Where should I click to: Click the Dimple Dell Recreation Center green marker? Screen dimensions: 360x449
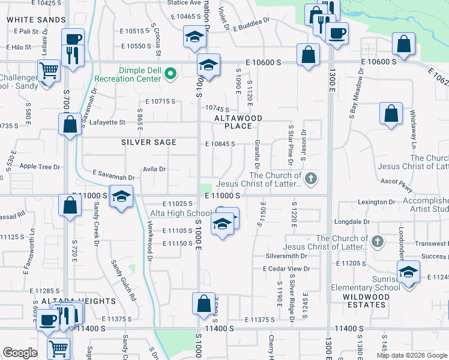(x=170, y=74)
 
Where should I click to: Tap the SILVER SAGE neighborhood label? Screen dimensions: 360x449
(x=149, y=142)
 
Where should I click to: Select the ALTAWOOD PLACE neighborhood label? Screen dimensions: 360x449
(x=238, y=122)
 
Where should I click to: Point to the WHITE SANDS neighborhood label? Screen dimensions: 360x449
(x=36, y=20)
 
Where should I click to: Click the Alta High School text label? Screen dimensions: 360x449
(x=180, y=213)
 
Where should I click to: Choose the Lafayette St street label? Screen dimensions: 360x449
(x=106, y=122)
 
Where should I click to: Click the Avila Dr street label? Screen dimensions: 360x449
(x=154, y=169)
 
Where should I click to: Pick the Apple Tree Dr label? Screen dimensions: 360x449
(x=40, y=166)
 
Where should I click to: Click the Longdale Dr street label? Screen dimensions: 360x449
(x=354, y=221)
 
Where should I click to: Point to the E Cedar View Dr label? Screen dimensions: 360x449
(x=286, y=268)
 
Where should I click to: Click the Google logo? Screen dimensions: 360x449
(x=20, y=353)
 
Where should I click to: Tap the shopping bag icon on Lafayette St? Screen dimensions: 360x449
(x=70, y=124)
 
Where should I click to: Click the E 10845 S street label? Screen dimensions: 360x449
(x=219, y=144)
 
